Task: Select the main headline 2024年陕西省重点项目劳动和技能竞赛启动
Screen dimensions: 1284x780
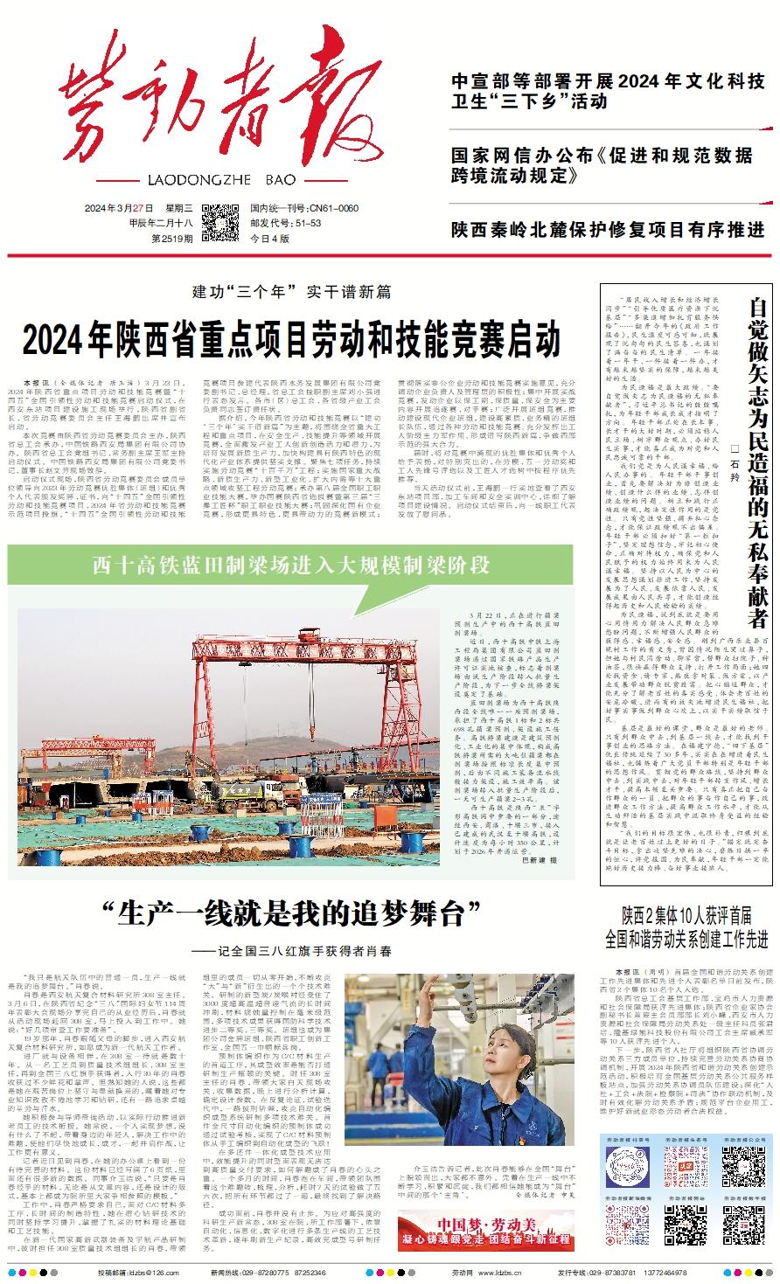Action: [291, 337]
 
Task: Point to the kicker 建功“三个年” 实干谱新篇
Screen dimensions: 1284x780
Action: [291, 291]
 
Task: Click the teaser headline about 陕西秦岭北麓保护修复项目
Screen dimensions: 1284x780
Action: [608, 231]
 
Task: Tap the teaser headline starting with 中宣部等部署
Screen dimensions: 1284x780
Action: [608, 92]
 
